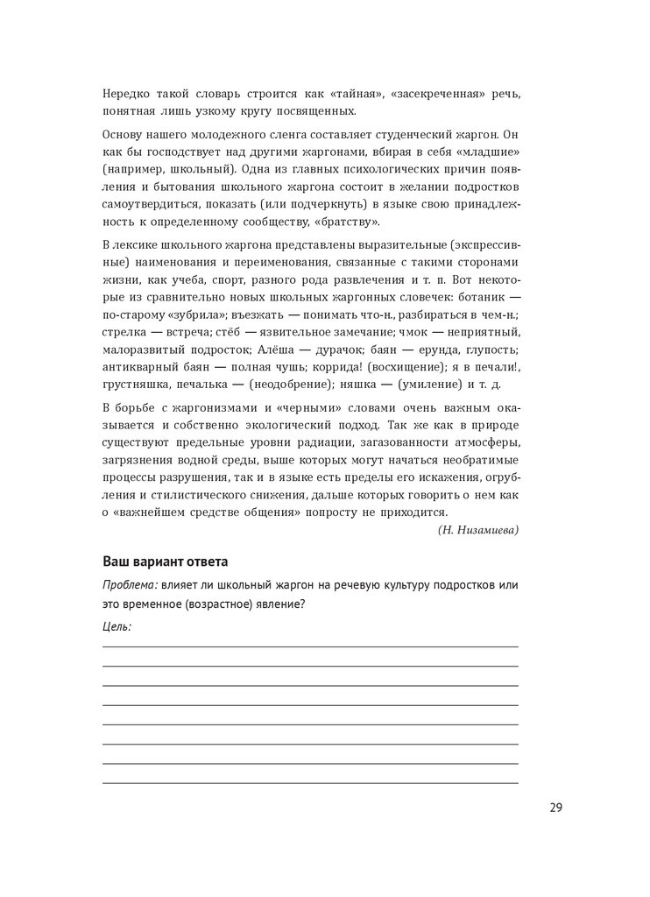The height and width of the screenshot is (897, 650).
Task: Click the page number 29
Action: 555,808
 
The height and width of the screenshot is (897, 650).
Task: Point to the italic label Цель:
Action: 117,626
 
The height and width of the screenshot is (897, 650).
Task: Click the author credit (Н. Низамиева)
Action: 477,530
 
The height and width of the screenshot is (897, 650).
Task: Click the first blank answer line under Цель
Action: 310,646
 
